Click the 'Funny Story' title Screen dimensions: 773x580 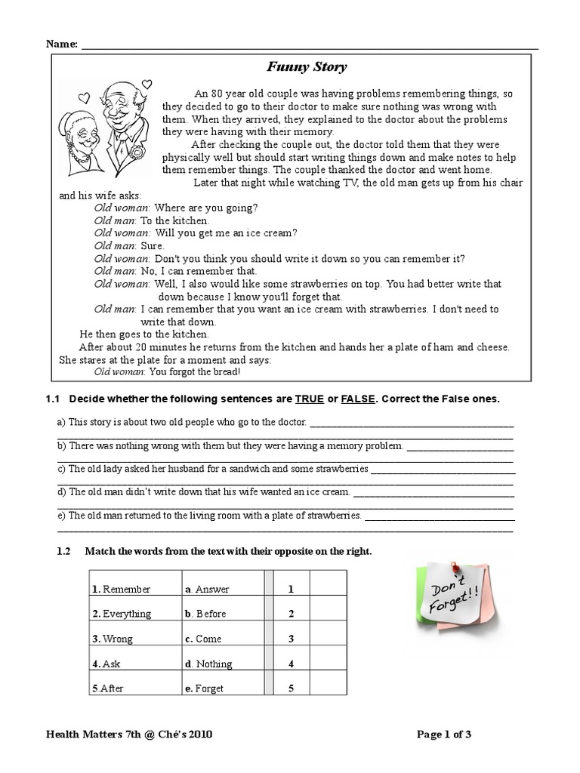click(x=307, y=67)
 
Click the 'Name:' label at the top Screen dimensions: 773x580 click(x=61, y=44)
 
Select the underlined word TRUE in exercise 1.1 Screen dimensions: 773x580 click(x=309, y=398)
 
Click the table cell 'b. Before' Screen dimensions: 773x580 click(x=205, y=614)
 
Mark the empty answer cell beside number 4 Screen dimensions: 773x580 click(x=327, y=664)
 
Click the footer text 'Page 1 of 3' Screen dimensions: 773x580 click(x=445, y=733)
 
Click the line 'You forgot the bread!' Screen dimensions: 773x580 click(x=167, y=371)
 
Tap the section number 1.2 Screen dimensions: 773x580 click(x=64, y=552)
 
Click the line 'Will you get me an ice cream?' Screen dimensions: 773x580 click(x=196, y=233)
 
